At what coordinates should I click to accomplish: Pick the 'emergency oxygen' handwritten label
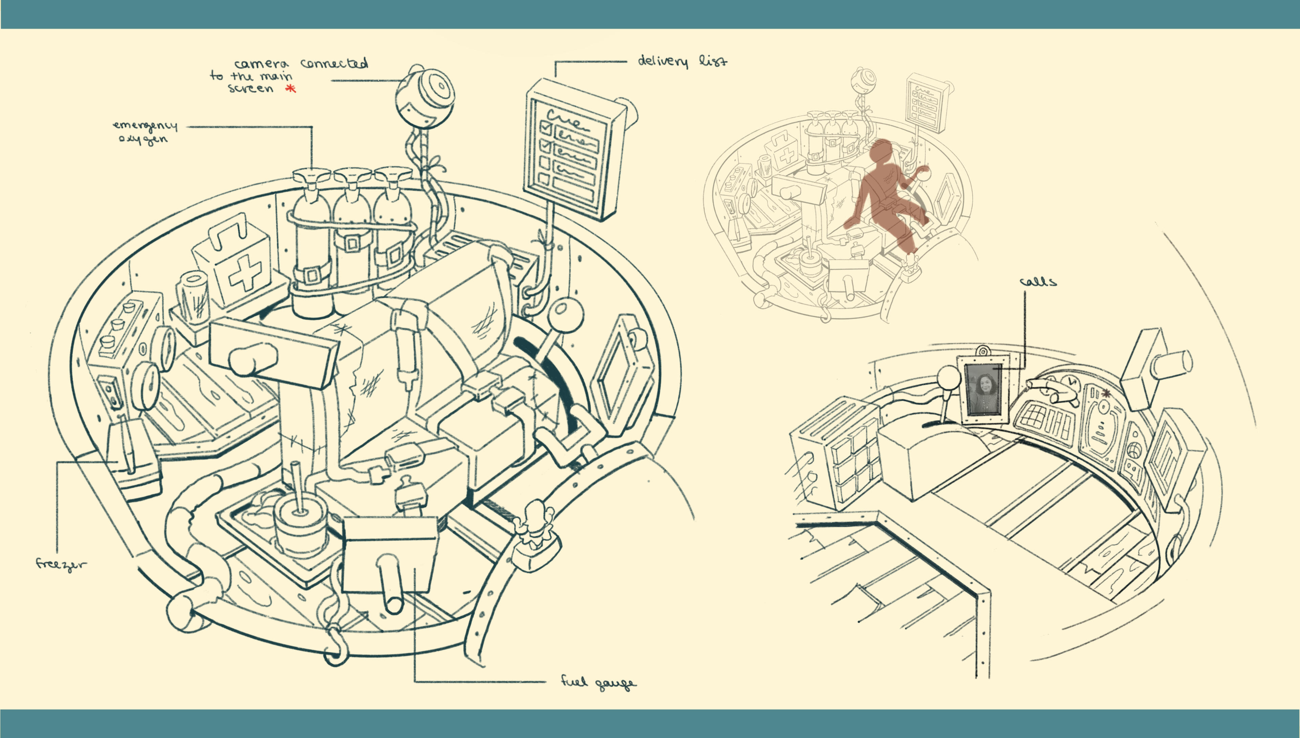click(x=145, y=132)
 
